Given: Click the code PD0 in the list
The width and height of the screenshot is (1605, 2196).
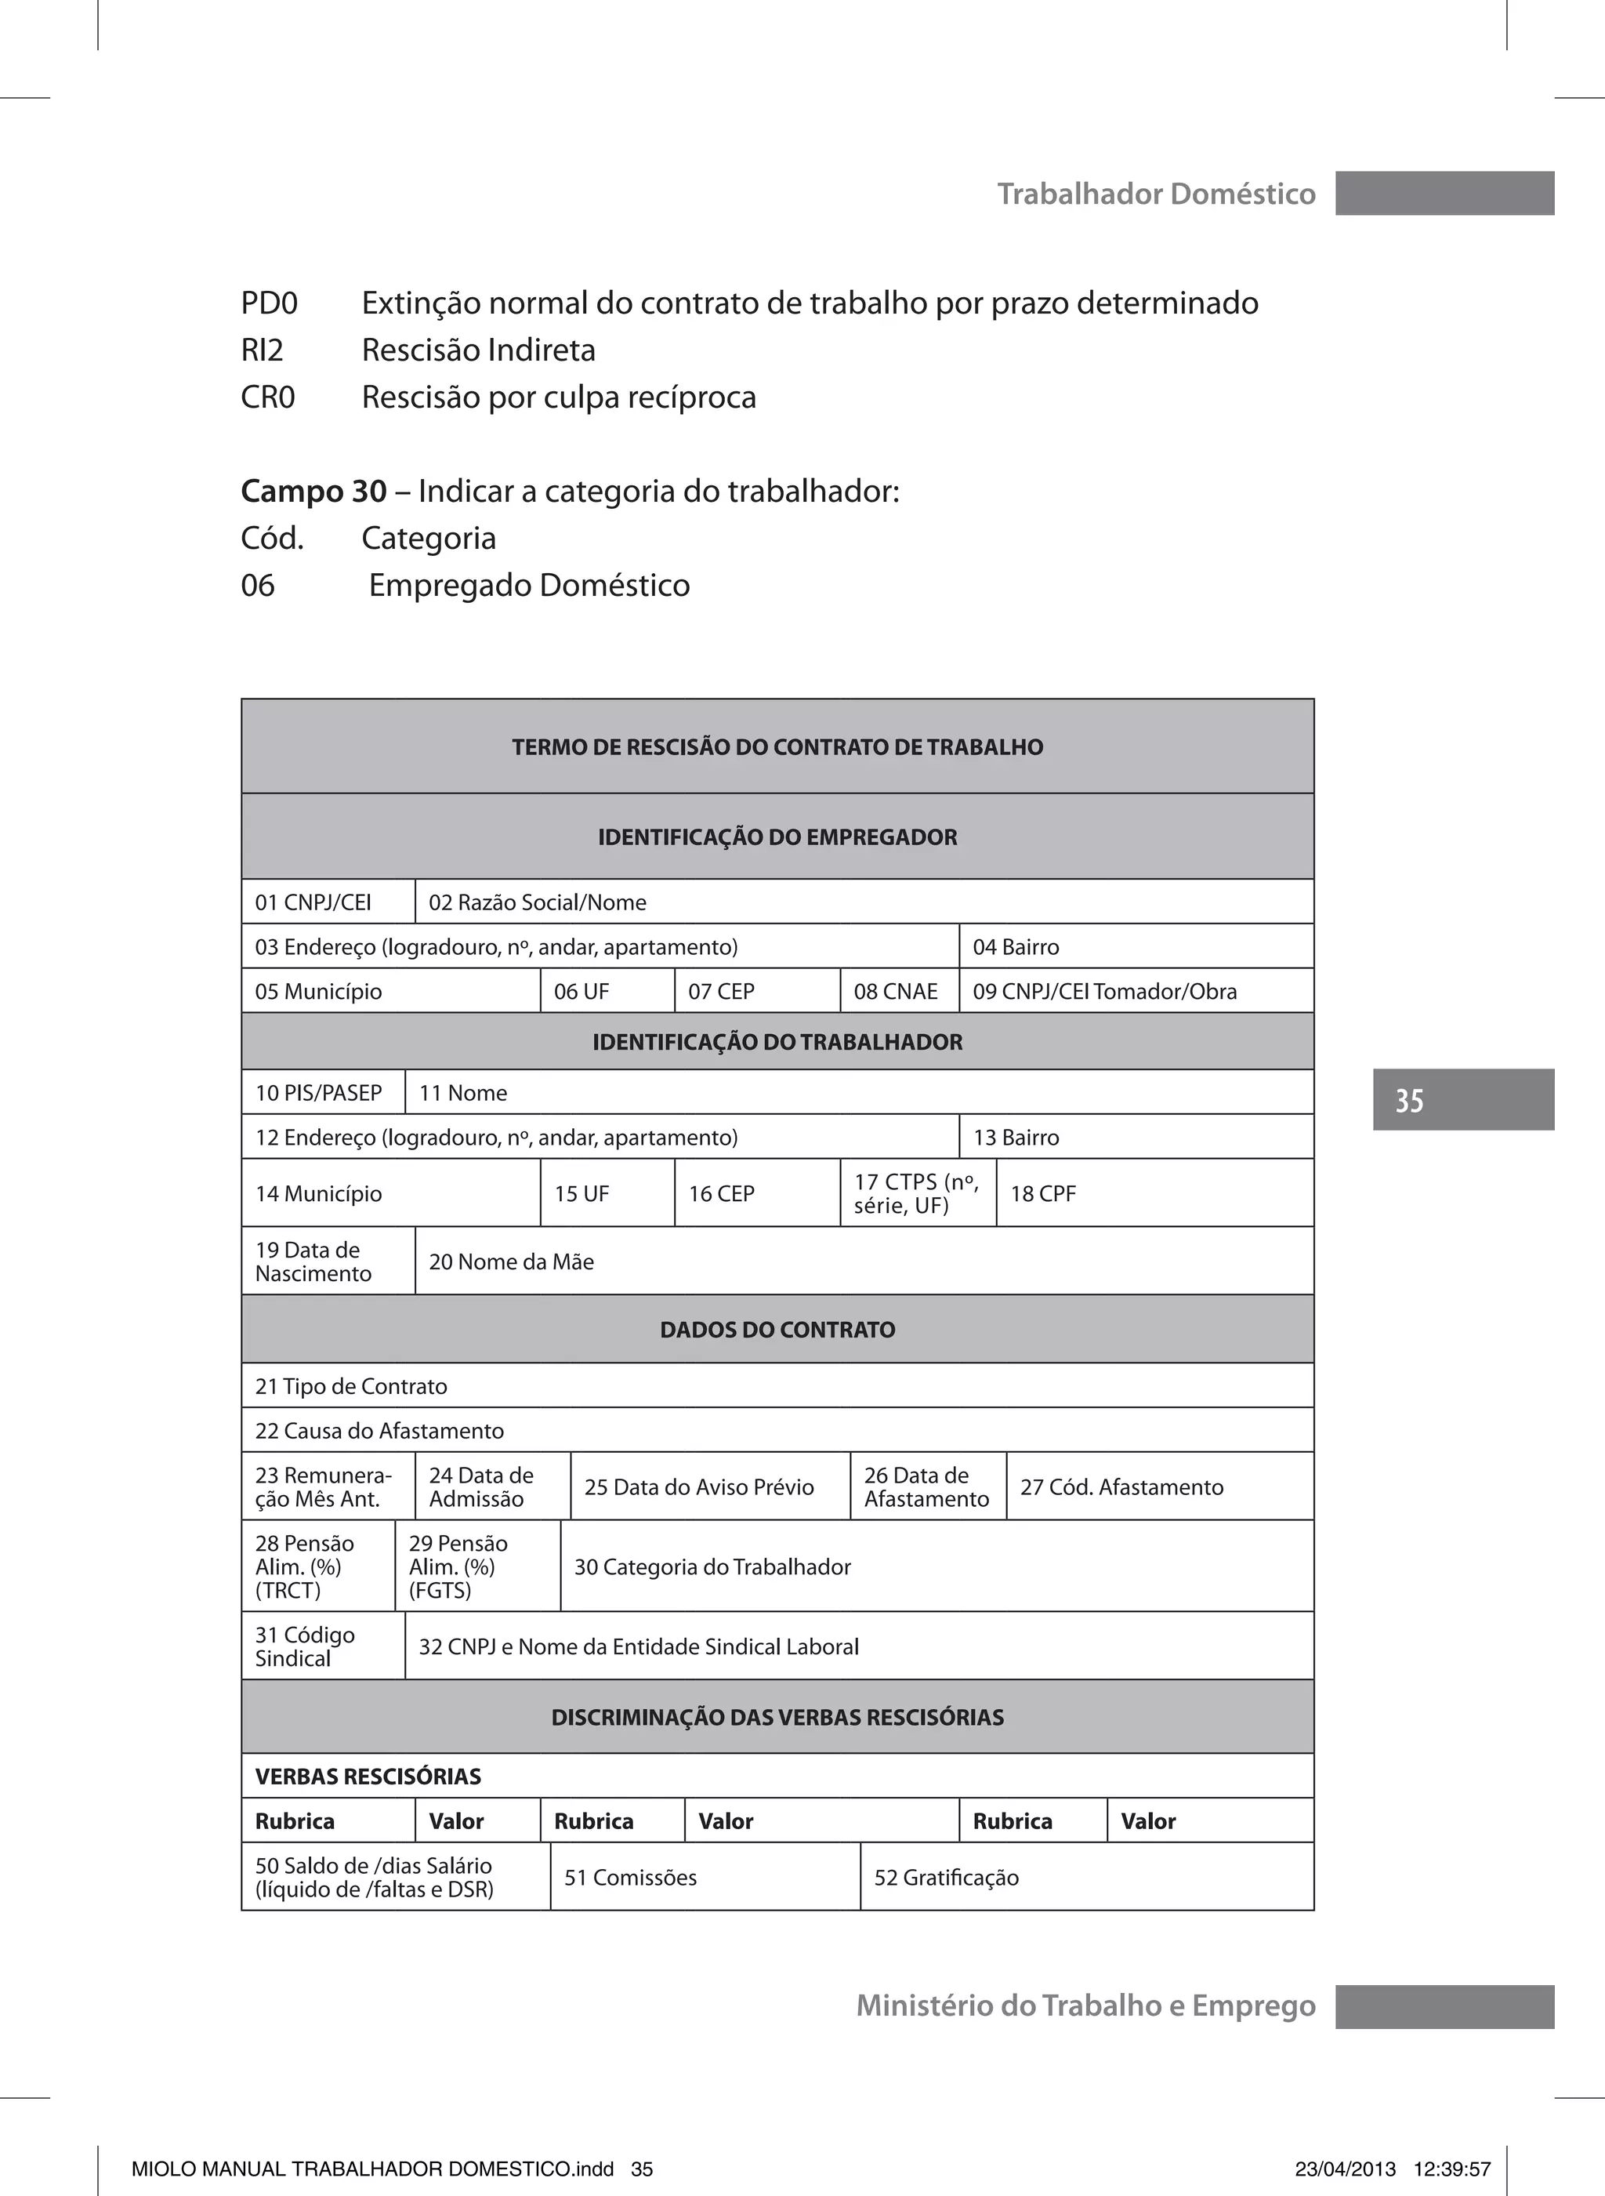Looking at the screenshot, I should [269, 304].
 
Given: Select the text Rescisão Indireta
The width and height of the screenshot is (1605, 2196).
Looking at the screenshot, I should [478, 350].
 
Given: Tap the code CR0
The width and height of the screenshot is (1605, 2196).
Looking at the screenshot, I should [268, 397].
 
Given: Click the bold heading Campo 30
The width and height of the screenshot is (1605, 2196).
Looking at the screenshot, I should [313, 492].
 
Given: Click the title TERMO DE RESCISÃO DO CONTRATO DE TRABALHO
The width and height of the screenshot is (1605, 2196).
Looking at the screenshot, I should [777, 747].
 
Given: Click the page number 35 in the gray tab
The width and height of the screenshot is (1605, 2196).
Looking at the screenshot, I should [1409, 1101].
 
